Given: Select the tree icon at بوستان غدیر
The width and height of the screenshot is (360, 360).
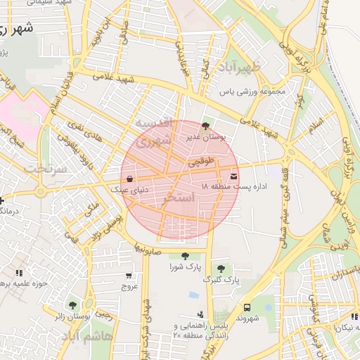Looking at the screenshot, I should click(205, 125).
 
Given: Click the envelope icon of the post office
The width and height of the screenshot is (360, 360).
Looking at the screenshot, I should click(233, 176).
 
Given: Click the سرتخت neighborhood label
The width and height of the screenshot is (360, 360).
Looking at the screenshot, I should click(46, 169).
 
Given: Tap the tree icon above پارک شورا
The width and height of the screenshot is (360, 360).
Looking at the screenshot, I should click(185, 256).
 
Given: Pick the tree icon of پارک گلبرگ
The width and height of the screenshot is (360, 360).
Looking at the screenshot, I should click(221, 268).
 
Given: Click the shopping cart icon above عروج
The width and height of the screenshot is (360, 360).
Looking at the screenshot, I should click(129, 276).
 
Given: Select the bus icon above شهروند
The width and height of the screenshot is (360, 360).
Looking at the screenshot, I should click(247, 307).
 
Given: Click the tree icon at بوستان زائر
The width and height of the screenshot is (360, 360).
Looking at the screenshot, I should click(72, 306).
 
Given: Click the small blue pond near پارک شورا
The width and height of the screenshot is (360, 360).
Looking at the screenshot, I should click(193, 295).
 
